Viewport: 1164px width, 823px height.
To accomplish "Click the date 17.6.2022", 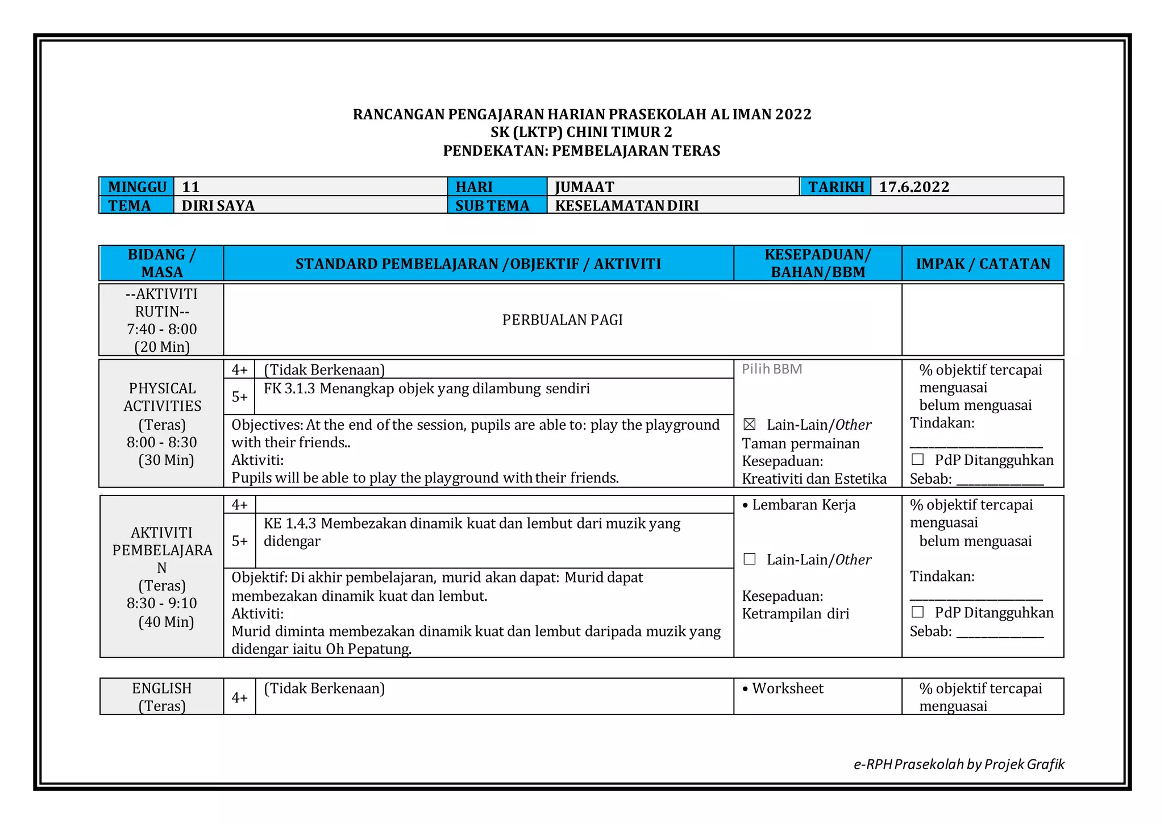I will click(914, 187).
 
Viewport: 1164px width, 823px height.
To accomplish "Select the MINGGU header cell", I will click(137, 187).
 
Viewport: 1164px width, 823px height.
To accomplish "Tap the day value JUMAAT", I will click(584, 187).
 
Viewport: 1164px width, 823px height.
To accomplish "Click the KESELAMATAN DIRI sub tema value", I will click(626, 206).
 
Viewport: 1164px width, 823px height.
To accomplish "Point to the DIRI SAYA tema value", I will click(218, 206).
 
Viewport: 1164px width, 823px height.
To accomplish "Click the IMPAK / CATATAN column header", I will click(983, 264).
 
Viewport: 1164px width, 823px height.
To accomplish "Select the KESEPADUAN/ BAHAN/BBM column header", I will click(817, 264).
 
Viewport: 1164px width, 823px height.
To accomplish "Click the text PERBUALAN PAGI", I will click(562, 320).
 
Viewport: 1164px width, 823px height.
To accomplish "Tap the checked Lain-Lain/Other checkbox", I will click(750, 425).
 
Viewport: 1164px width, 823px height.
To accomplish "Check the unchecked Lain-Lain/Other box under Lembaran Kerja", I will click(750, 559).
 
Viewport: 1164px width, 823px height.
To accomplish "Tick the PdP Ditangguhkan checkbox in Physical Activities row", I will click(917, 459).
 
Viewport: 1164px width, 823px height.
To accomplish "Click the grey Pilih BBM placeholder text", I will click(772, 369).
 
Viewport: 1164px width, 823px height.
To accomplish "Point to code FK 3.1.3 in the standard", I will click(289, 389).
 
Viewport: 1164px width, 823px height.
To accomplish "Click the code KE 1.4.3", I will click(290, 523).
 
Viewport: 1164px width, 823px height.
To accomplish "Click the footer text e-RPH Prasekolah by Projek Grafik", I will click(959, 764).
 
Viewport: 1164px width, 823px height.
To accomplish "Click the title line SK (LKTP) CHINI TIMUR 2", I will click(581, 132).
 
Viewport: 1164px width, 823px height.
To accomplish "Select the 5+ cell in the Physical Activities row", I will click(239, 397).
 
